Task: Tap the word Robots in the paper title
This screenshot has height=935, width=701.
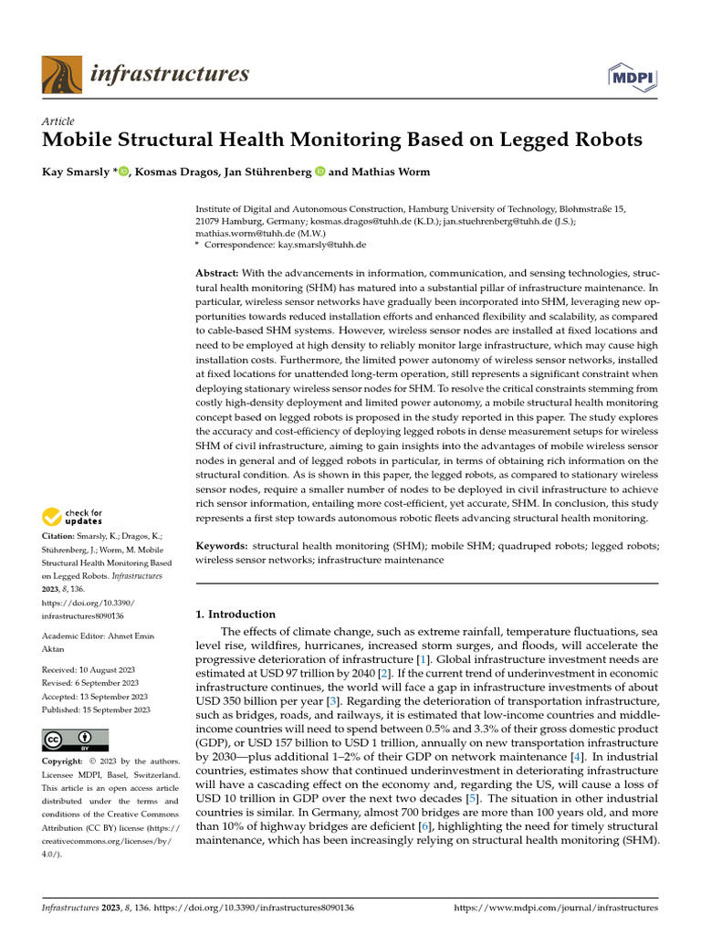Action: tap(603, 141)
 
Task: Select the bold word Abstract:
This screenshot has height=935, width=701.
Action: tap(217, 274)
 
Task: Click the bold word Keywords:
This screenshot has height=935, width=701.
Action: tap(222, 545)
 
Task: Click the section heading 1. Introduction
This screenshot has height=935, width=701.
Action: tap(235, 615)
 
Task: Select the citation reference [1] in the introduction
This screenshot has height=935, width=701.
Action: tap(423, 658)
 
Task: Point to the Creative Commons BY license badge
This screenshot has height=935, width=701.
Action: tap(75, 740)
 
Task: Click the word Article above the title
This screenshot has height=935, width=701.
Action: tap(58, 121)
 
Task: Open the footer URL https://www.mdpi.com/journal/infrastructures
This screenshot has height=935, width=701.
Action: tap(556, 908)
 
